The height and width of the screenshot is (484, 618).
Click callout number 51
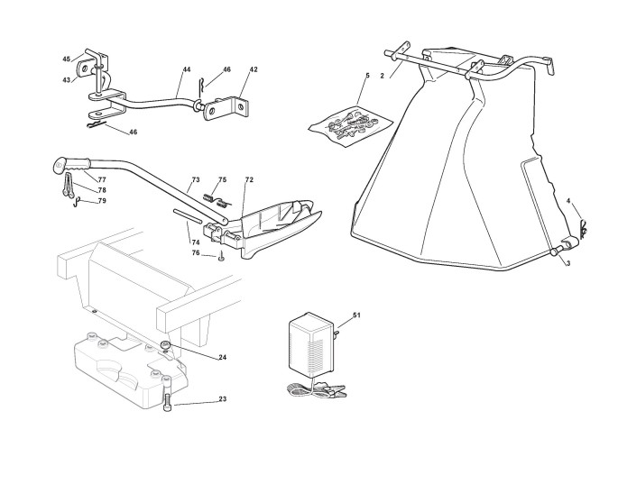(356, 315)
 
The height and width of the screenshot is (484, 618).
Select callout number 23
(222, 399)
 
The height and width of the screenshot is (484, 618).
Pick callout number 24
(222, 358)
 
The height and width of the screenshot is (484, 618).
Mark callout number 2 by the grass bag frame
(382, 76)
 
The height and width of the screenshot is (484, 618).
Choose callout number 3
(567, 263)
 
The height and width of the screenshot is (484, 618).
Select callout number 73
(195, 180)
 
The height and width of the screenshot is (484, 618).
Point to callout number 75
(222, 179)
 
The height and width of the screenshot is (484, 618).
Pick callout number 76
(195, 253)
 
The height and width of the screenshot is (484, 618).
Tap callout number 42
(254, 69)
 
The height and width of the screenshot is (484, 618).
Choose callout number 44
(186, 69)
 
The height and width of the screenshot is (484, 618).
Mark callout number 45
(66, 59)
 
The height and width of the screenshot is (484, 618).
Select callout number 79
(102, 201)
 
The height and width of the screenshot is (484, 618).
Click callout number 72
(249, 180)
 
